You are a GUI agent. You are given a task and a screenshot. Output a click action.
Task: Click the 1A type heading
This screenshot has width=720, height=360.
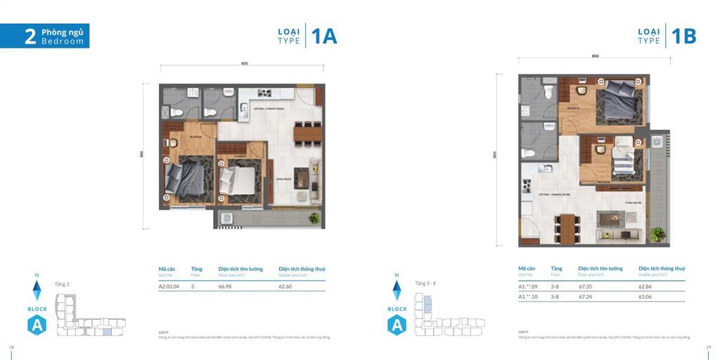tap(324, 36)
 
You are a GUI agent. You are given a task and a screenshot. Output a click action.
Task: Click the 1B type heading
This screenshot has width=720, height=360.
tap(683, 36)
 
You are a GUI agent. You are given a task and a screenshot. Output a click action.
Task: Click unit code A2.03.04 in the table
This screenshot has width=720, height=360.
tap(170, 286)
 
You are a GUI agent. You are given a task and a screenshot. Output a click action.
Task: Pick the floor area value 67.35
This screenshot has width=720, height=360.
tap(586, 286)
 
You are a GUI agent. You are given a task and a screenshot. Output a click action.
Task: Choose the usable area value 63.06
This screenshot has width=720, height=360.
tap(646, 297)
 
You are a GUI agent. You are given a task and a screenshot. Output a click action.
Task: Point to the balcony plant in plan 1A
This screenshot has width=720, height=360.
tap(314, 218)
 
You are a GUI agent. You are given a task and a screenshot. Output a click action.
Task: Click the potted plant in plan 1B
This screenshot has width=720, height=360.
tap(658, 233)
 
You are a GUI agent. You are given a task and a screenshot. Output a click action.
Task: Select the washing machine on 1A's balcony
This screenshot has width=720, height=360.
tap(228, 219)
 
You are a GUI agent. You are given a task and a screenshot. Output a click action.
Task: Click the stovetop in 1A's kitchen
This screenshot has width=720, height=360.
tap(264, 93)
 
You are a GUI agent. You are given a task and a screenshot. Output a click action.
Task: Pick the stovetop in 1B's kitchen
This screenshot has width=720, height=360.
tap(525, 186)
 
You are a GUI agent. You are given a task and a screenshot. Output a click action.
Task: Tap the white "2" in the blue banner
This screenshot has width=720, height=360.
tap(30, 37)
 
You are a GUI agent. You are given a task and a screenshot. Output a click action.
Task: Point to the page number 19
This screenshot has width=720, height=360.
tap(709, 347)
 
